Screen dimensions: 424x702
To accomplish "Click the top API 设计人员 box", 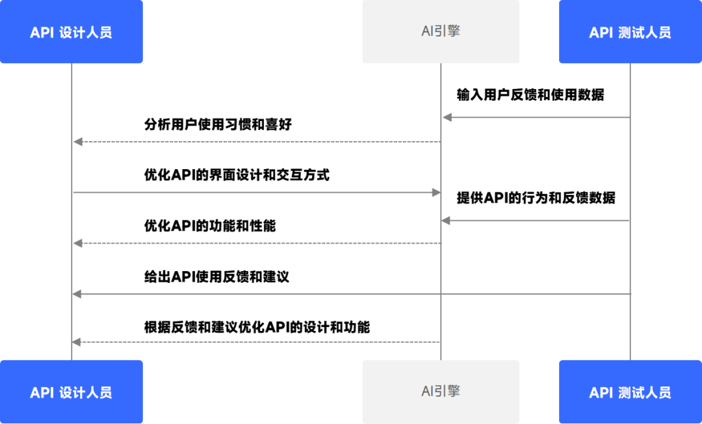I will click(71, 32).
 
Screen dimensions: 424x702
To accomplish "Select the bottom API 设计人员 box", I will click(71, 392).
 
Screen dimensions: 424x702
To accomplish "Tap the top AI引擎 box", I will click(441, 31).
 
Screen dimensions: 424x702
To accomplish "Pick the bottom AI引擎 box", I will click(441, 391).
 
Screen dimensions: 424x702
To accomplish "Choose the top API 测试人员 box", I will click(630, 32).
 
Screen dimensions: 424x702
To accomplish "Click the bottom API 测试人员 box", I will click(630, 392).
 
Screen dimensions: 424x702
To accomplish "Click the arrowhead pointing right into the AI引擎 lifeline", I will click(436, 192).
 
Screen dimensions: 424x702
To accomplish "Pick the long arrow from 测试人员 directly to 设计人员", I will click(351, 294).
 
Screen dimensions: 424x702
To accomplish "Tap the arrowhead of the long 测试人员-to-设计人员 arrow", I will click(77, 294).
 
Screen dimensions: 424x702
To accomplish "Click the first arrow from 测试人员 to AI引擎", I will click(536, 117).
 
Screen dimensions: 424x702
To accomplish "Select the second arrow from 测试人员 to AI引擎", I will click(536, 221).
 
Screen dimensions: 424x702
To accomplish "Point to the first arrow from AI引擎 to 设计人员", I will click(257, 142).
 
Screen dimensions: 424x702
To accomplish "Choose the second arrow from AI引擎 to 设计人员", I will click(257, 243).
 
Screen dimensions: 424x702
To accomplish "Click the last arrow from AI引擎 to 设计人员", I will click(257, 342).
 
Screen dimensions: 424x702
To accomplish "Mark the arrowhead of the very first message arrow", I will click(446, 117).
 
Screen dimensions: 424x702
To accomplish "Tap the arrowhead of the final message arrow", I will click(77, 342).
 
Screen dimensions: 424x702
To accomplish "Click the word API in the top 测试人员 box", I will click(601, 33).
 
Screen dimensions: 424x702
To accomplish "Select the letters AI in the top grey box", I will click(426, 31).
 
